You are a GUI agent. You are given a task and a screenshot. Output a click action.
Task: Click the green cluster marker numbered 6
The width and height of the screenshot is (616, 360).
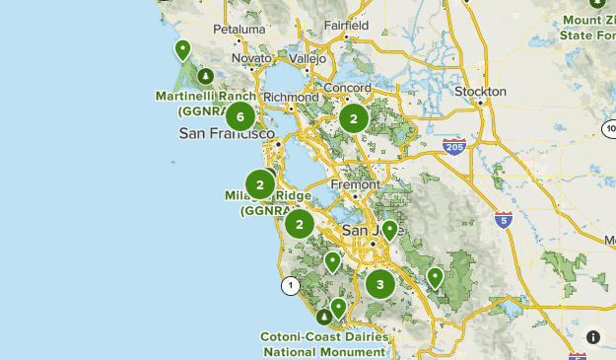coord(240,117)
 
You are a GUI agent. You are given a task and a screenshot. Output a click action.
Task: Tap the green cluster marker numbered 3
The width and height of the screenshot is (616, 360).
coord(379,285)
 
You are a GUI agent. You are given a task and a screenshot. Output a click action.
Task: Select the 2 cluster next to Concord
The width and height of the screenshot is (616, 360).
coord(353,119)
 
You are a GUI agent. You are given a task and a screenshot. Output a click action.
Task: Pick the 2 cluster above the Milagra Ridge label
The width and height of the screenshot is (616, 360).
coord(260,184)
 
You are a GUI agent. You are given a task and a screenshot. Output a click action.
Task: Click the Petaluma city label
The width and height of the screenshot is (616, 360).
coord(240,30)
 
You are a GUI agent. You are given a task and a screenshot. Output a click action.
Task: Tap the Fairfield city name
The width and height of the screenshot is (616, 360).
coord(347,25)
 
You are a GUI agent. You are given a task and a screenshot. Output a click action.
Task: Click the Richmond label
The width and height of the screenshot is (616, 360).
coord(292,98)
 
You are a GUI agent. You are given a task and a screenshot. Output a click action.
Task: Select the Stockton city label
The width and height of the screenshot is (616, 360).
coord(480,92)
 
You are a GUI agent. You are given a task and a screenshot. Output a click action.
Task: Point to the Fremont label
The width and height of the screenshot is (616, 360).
coord(356,184)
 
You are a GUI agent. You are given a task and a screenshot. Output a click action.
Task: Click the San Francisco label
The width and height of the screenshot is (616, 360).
coord(226,133)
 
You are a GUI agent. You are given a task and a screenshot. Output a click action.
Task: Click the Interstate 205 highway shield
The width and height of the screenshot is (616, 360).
coord(454,148)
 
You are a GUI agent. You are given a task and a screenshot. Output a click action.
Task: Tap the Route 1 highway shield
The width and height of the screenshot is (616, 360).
coord(290,286)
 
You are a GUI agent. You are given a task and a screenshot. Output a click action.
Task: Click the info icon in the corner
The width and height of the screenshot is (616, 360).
coord(592,336)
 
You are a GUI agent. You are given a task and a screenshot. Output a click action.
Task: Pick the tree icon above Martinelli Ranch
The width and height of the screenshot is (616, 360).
coord(205,76)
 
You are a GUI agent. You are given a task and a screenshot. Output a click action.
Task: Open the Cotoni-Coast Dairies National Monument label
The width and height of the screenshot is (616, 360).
coord(324,343)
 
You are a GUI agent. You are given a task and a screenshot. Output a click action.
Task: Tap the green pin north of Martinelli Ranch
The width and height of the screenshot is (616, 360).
coord(182,49)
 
